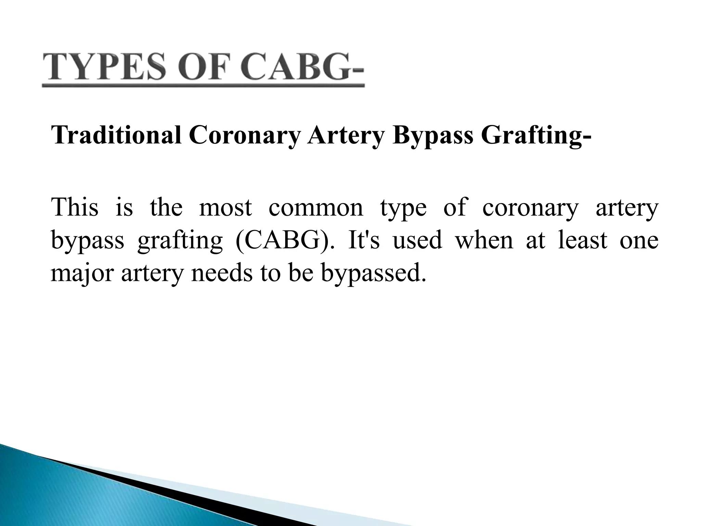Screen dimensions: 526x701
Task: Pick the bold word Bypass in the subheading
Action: tap(433, 136)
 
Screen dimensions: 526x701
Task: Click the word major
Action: tap(82, 274)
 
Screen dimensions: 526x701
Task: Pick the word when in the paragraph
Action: tap(484, 240)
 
